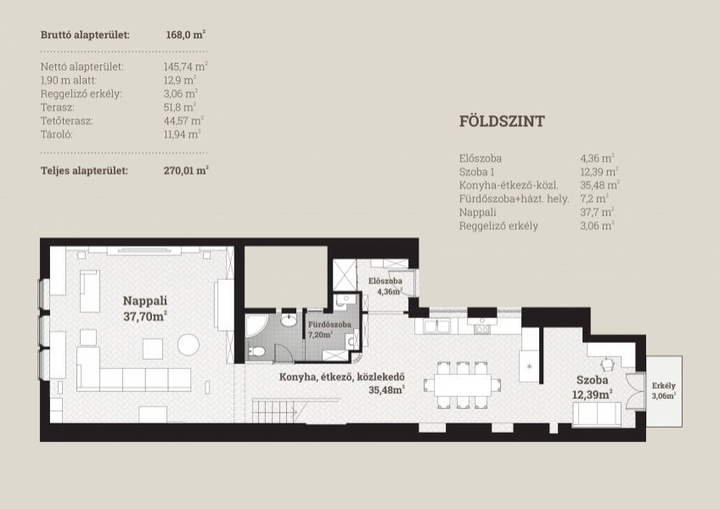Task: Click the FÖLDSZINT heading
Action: [x=502, y=121]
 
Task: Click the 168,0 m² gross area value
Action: [x=185, y=35]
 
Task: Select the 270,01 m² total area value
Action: [x=186, y=171]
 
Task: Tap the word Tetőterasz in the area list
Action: [x=66, y=121]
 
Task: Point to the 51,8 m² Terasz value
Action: [x=180, y=108]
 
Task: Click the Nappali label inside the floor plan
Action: [x=145, y=301]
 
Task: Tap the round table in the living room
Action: [x=188, y=344]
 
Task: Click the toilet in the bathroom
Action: [x=256, y=352]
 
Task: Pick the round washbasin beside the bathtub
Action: [x=289, y=321]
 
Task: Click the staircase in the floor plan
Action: [x=278, y=411]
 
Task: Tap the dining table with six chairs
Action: [x=463, y=385]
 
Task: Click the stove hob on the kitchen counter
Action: [x=482, y=327]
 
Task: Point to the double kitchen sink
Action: [x=436, y=327]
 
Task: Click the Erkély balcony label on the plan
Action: [x=663, y=386]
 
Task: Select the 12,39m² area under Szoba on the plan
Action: [x=593, y=394]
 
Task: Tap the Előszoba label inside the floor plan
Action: [x=385, y=281]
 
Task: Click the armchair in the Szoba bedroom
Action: [x=608, y=364]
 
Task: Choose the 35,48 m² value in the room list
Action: [x=599, y=186]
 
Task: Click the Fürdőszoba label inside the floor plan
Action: [x=329, y=325]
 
